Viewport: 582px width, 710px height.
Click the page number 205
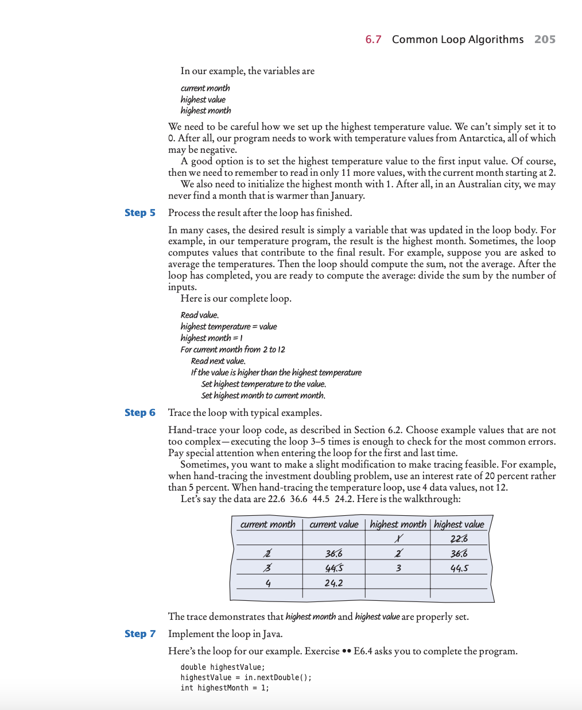click(545, 39)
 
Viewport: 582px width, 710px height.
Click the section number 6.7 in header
click(373, 39)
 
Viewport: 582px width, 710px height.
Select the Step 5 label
click(140, 213)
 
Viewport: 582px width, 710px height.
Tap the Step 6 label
click(140, 412)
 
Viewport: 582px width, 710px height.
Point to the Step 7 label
click(140, 634)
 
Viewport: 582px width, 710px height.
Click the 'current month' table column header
click(267, 524)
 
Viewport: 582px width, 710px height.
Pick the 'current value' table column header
click(333, 524)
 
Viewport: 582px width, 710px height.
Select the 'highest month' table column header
click(398, 524)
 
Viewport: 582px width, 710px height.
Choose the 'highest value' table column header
click(459, 524)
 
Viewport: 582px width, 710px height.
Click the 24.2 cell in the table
click(333, 582)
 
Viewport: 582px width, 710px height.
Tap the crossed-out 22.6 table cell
click(459, 538)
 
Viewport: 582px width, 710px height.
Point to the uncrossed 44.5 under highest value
click(459, 568)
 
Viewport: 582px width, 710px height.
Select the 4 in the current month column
click(268, 582)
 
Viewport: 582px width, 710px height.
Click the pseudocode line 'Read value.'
click(199, 315)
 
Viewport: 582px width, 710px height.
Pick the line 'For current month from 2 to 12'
click(232, 349)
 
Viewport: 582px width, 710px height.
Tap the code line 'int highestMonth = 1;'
click(224, 688)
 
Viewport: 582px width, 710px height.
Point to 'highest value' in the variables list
click(203, 99)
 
